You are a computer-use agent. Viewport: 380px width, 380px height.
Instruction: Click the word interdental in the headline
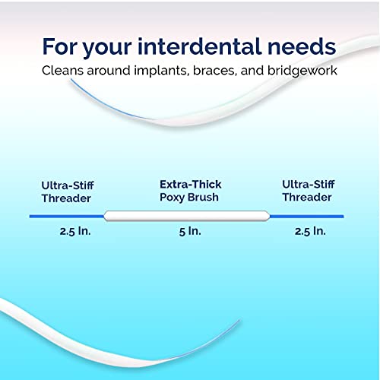200,46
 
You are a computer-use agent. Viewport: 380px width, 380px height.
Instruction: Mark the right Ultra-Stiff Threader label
306,191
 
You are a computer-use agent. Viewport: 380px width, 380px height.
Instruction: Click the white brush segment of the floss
187,216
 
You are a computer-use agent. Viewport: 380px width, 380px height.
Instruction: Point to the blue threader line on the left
67,216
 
